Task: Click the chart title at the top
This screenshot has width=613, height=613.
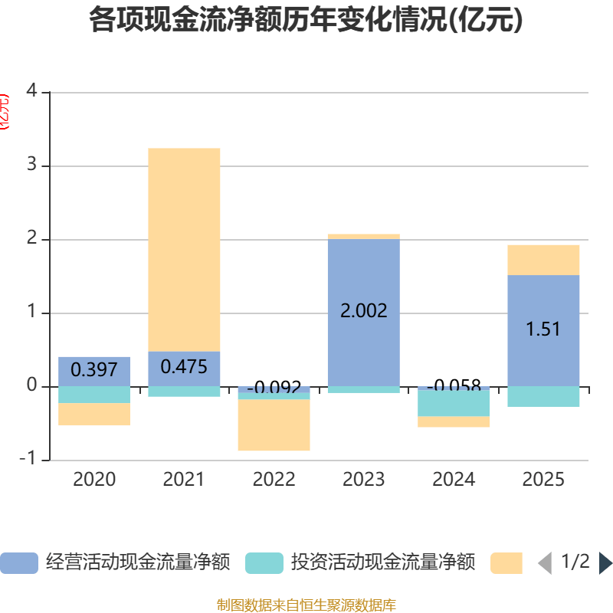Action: [x=306, y=20]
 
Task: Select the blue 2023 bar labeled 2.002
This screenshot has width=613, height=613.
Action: [x=363, y=337]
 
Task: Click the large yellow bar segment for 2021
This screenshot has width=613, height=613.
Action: [x=184, y=249]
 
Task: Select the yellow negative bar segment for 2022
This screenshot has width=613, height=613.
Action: [x=274, y=425]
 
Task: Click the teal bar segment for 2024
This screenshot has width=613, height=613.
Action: [x=454, y=403]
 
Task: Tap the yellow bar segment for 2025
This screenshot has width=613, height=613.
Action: [x=543, y=260]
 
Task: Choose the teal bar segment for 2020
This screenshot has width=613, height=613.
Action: [x=94, y=395]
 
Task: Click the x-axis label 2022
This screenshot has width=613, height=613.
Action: [x=274, y=480]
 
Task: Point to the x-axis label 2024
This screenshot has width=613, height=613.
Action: [x=454, y=480]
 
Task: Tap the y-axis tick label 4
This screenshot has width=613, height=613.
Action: [x=31, y=90]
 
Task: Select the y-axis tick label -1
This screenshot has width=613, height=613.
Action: [x=28, y=458]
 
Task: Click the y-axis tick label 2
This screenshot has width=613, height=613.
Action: [x=31, y=238]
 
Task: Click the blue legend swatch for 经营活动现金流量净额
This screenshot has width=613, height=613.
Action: [x=18, y=563]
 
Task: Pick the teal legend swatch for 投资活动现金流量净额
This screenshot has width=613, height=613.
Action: [x=264, y=563]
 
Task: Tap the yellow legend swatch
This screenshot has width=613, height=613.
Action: [x=506, y=563]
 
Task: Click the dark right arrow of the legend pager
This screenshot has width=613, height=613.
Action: [x=605, y=563]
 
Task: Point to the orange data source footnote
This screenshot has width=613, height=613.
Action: [x=306, y=605]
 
